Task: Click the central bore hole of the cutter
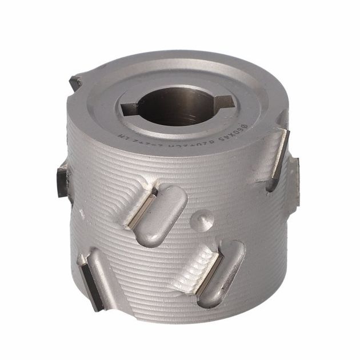tap(179, 105)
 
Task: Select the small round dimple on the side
tap(203, 219)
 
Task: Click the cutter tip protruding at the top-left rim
tap(75, 83)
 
